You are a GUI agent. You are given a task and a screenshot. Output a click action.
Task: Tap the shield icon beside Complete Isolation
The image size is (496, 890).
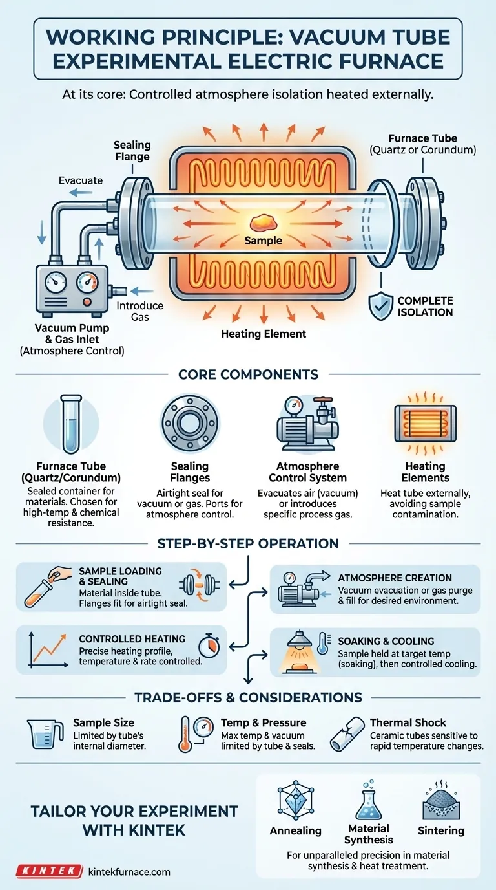click(380, 306)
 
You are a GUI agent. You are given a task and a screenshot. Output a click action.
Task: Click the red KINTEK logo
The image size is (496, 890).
click(49, 871)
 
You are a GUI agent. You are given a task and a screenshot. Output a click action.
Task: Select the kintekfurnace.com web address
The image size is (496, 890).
click(129, 872)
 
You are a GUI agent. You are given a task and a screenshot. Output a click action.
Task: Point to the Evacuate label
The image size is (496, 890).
click(81, 180)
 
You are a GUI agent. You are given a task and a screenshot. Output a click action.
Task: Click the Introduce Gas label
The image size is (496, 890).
click(139, 311)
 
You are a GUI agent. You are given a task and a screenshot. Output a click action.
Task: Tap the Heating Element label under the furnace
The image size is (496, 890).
click(263, 334)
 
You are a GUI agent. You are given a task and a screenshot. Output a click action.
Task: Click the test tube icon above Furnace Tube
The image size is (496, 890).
click(71, 424)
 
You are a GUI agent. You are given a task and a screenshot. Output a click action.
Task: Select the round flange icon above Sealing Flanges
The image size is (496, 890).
click(190, 423)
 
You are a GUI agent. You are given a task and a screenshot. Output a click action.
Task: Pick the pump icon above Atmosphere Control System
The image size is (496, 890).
click(308, 424)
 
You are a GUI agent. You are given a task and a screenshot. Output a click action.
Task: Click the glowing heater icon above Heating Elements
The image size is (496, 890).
click(426, 424)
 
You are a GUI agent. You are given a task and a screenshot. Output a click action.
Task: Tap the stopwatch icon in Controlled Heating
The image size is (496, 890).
click(209, 646)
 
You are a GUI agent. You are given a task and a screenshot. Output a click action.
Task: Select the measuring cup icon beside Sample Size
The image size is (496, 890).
click(45, 734)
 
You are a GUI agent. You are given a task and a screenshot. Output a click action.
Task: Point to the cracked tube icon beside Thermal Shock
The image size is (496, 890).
click(347, 734)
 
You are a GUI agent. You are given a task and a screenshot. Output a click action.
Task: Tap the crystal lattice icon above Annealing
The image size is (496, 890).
click(296, 800)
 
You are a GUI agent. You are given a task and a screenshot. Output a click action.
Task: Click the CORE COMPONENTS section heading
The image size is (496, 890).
click(249, 374)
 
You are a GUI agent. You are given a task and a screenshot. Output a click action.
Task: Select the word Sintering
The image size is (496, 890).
click(441, 830)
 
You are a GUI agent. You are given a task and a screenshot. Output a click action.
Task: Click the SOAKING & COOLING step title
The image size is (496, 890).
click(386, 641)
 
